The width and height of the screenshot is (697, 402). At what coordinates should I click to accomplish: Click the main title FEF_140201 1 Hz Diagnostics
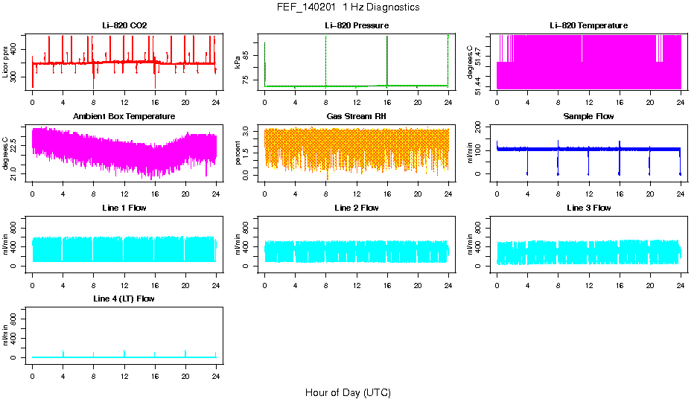(348, 7)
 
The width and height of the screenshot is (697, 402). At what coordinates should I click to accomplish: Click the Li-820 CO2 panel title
(124, 26)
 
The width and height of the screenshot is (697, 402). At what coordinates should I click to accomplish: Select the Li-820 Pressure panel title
(356, 26)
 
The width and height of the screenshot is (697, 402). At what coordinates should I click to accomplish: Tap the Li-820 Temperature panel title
(588, 26)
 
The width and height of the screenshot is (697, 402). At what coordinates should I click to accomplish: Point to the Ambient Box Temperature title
(124, 117)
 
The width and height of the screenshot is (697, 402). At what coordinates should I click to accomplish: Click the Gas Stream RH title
(356, 117)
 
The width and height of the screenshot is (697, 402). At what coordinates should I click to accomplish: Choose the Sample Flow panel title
(588, 117)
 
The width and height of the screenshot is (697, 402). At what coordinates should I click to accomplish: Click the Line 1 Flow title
(124, 208)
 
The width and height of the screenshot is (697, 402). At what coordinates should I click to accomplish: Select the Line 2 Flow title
(356, 208)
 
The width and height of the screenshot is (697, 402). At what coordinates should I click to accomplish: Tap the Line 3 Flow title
(588, 208)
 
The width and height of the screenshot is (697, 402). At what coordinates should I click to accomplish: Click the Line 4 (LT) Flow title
(124, 299)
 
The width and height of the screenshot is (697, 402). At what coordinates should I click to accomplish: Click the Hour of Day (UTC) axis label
(348, 392)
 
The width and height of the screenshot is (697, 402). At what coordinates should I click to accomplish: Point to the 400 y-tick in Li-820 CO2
(16, 50)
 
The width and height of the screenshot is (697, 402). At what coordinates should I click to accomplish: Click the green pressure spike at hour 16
(387, 60)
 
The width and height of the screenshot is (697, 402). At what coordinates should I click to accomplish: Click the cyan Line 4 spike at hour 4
(63, 353)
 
